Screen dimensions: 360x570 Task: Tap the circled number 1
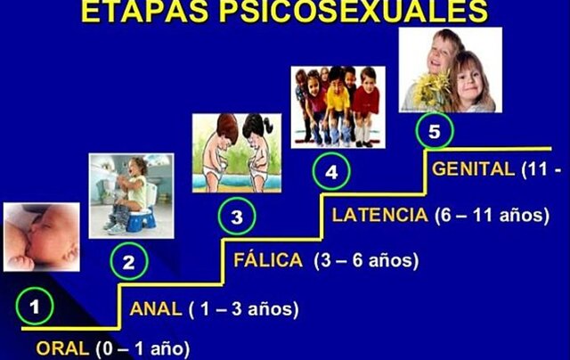point(35,307)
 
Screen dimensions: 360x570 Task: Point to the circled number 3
point(236,216)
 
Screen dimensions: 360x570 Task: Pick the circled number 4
point(331,172)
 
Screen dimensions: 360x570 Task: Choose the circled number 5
point(434,132)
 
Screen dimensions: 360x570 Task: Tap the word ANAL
point(156,309)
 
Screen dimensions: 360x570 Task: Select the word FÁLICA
point(266,260)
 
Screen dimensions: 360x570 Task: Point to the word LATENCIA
point(379,215)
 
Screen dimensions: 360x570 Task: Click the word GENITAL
point(473,168)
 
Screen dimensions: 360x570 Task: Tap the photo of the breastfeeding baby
point(39,237)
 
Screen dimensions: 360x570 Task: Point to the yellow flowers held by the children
point(437,90)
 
